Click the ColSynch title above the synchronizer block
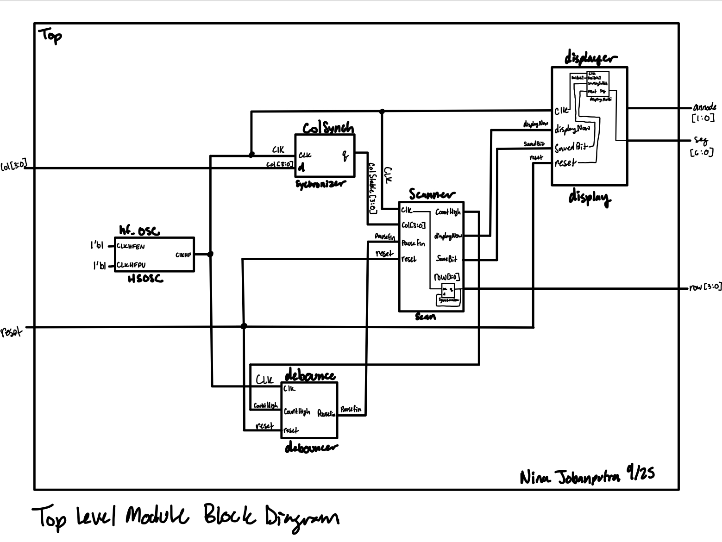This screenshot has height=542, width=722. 328,128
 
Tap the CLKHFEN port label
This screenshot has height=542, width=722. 131,247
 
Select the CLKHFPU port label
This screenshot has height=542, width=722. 131,265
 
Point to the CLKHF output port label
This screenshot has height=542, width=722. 183,255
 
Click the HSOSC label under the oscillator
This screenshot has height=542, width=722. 145,279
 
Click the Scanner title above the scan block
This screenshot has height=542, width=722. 432,194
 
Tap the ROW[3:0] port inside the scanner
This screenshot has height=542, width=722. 446,277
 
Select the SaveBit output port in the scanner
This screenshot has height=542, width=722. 446,259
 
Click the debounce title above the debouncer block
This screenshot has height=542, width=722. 310,375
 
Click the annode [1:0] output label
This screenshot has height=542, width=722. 704,112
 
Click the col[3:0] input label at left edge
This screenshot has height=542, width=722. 13,165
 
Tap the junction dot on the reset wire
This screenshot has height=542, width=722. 244,326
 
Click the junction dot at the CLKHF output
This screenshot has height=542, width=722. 210,254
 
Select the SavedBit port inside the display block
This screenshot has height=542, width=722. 571,148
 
